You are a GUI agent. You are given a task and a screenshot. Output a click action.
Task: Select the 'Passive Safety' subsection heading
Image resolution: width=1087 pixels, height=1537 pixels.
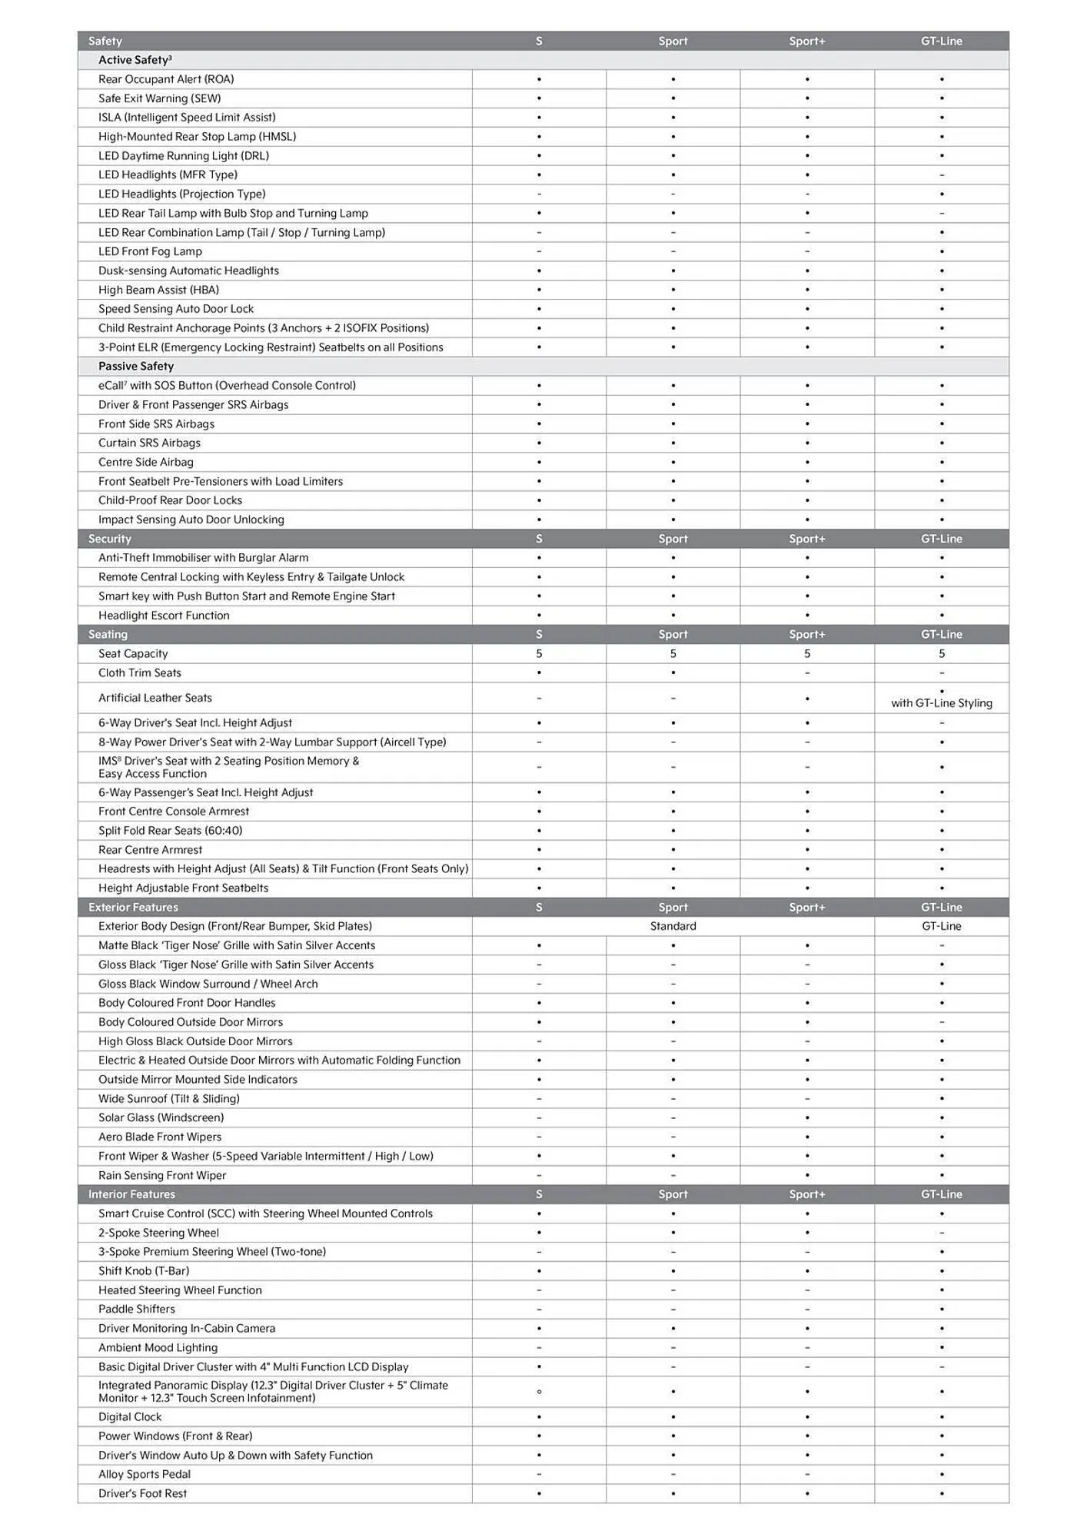click(x=136, y=367)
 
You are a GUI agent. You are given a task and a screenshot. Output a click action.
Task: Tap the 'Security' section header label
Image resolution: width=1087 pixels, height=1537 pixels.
click(x=109, y=539)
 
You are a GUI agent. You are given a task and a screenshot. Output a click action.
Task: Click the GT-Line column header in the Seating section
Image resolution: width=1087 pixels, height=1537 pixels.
click(x=941, y=635)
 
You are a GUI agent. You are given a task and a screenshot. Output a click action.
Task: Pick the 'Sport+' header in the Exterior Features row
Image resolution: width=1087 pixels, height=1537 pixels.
click(x=806, y=908)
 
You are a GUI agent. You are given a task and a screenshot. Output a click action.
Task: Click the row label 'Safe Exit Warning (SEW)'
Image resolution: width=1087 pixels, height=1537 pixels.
click(x=159, y=98)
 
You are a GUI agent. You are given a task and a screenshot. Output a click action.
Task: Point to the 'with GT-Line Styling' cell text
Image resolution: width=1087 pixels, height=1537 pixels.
click(x=941, y=703)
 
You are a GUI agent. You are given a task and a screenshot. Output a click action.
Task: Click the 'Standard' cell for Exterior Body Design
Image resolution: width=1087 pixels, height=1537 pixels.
click(x=673, y=927)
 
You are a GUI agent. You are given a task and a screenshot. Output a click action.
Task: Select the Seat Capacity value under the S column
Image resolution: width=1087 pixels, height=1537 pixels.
click(x=539, y=654)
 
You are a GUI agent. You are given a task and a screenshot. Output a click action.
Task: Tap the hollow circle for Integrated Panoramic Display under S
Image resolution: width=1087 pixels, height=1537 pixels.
click(x=539, y=1392)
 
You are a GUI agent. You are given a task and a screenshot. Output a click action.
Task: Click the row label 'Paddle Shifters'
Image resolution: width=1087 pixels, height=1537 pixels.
click(x=137, y=1310)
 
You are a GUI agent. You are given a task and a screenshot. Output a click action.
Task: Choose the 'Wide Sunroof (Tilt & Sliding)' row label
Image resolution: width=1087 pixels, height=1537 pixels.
click(x=169, y=1099)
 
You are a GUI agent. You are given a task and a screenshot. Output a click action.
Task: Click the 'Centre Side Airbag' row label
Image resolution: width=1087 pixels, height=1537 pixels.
click(x=146, y=463)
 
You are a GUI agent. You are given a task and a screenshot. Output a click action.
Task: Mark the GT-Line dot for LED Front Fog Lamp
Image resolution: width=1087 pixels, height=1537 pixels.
click(x=941, y=252)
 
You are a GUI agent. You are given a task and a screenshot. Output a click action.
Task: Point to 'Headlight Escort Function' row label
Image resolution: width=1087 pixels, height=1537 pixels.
click(x=164, y=616)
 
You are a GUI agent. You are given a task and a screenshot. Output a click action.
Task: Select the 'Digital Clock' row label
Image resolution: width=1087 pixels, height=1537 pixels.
click(x=130, y=1417)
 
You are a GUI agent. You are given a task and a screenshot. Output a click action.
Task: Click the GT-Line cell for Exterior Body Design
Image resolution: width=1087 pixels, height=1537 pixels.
click(x=941, y=927)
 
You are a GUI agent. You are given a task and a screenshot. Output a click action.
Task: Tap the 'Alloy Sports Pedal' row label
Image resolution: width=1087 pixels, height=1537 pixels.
click(x=145, y=1475)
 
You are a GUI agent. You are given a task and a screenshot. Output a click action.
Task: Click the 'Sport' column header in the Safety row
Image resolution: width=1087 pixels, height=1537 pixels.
click(x=673, y=41)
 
